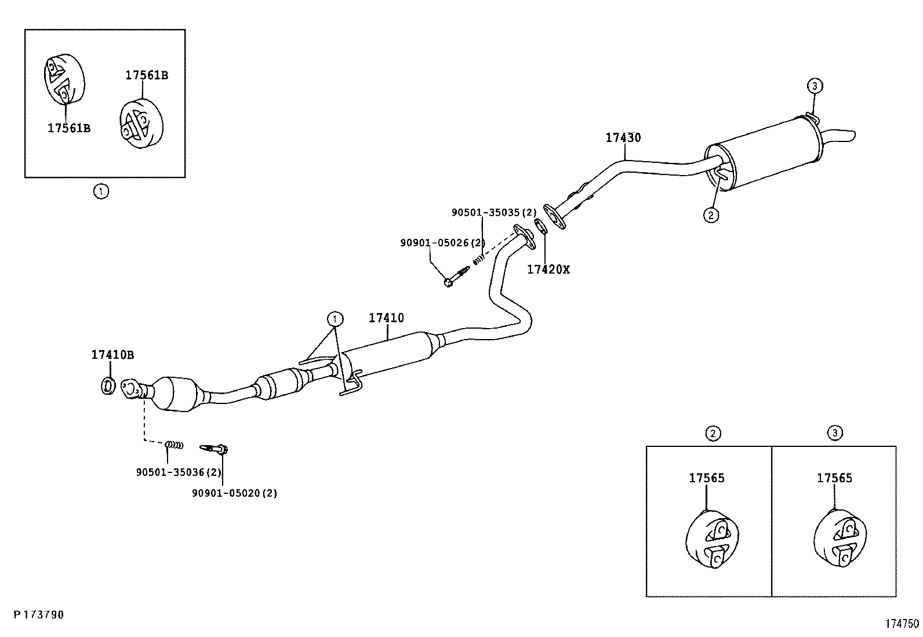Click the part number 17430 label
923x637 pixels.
click(623, 137)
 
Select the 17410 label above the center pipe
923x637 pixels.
click(386, 318)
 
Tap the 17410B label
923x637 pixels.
click(112, 354)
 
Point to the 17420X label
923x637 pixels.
click(548, 270)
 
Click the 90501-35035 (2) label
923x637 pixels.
click(494, 213)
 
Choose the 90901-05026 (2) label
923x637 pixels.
click(443, 243)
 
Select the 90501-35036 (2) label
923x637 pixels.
click(179, 472)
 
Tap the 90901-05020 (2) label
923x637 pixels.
click(234, 493)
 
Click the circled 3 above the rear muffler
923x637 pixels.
click(815, 86)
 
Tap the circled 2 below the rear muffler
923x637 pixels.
click(711, 214)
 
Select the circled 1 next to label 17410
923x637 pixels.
click(335, 319)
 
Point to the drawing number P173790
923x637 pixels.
click(39, 615)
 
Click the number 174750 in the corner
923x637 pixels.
click(902, 624)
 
